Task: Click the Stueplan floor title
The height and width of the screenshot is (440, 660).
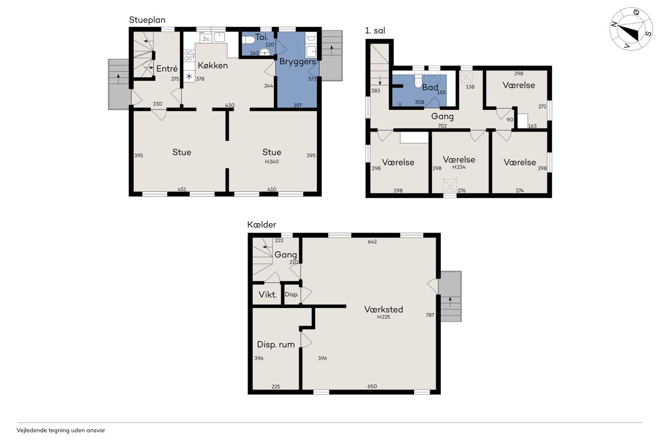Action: pyautogui.click(x=147, y=20)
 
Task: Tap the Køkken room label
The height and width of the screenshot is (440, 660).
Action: pyautogui.click(x=213, y=65)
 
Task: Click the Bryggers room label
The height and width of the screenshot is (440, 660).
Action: pyautogui.click(x=298, y=61)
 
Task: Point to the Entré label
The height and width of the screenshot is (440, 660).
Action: pyautogui.click(x=167, y=69)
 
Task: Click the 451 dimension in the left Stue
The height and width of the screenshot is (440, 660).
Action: pyautogui.click(x=182, y=189)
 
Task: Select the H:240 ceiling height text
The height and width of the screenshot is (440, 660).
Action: pyautogui.click(x=272, y=161)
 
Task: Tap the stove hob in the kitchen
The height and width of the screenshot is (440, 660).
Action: pyautogui.click(x=189, y=56)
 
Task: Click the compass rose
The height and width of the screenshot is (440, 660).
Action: pyautogui.click(x=631, y=29)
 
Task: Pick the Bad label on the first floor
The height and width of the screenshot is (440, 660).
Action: pyautogui.click(x=430, y=87)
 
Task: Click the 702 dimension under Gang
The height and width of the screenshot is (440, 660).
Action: pyautogui.click(x=442, y=126)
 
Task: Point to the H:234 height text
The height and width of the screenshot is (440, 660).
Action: pyautogui.click(x=459, y=167)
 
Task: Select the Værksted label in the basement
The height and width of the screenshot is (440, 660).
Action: pyautogui.click(x=384, y=309)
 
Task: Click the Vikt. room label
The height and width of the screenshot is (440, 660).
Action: pyautogui.click(x=268, y=295)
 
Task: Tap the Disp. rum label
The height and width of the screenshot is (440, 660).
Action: pyautogui.click(x=276, y=345)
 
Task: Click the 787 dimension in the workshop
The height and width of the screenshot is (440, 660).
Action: pyautogui.click(x=430, y=315)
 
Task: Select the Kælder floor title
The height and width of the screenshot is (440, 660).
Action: pyautogui.click(x=261, y=224)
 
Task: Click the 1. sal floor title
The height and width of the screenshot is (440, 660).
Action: pyautogui.click(x=375, y=30)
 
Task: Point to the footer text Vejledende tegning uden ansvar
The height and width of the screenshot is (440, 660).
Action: pyautogui.click(x=61, y=430)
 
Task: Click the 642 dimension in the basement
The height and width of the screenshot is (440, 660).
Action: pyautogui.click(x=372, y=241)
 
